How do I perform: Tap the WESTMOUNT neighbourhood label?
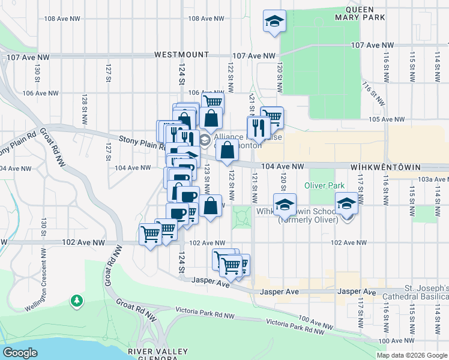pyautogui.click(x=181, y=54)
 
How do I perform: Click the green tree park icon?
pyautogui.click(x=76, y=299)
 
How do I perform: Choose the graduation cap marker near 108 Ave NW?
pyautogui.click(x=274, y=22)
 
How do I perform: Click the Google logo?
pyautogui.click(x=20, y=353)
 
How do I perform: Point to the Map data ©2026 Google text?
pyautogui.click(x=411, y=355)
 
